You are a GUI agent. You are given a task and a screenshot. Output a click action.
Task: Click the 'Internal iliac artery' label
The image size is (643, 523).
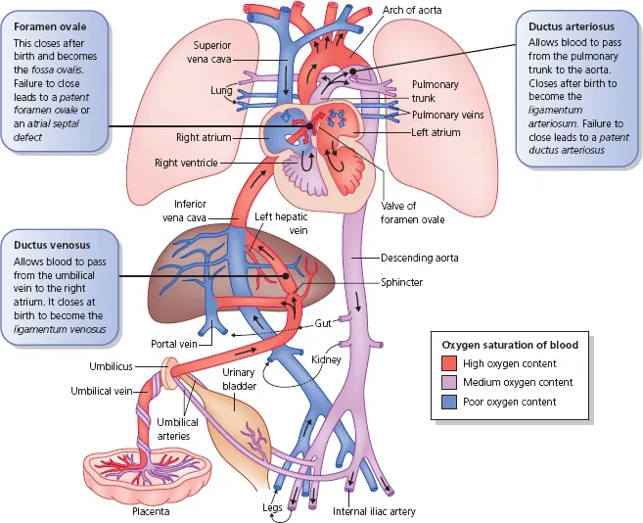pyautogui.click(x=375, y=511)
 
